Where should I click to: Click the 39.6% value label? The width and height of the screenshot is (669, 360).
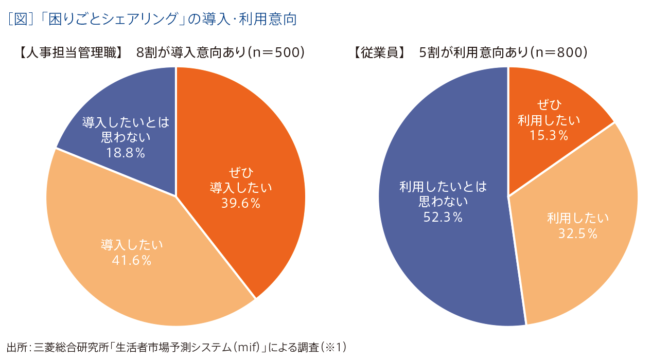[x=241, y=203]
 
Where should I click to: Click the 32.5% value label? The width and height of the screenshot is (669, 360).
[x=578, y=234]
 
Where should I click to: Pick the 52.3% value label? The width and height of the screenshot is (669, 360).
[x=443, y=218]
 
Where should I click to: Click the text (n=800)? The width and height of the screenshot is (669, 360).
[x=559, y=52]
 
